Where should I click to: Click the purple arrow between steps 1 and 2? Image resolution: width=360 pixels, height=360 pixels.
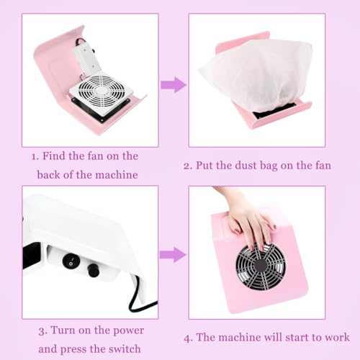pos(174,85)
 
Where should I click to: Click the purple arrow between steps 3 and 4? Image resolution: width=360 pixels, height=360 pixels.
pos(173,254)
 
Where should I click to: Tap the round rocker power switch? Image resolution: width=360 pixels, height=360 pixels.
pos(70,261)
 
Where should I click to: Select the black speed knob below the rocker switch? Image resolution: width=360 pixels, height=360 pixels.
pos(94,270)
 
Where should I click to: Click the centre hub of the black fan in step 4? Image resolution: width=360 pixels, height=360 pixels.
pos(261,266)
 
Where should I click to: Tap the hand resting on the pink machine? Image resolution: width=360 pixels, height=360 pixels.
pos(250,218)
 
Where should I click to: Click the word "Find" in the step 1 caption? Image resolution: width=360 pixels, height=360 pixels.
pos(54,156)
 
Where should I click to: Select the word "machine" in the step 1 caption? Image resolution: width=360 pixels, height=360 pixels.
pos(116,175)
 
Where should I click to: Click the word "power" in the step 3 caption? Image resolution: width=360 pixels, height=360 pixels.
pos(128,331)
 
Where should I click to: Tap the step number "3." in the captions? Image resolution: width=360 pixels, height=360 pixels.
pos(43,331)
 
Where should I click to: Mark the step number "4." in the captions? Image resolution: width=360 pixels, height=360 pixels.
pos(189,338)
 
